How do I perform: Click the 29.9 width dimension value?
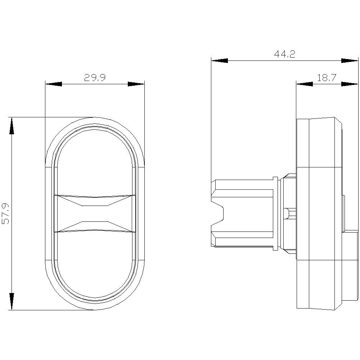point(94,78)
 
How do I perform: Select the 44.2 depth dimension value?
point(284,54)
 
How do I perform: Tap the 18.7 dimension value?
point(327,77)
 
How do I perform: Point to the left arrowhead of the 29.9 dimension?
point(53,84)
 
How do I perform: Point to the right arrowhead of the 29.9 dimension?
point(136,84)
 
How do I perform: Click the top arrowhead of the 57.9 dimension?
point(12,126)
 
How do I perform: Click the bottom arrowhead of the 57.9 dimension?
point(12,301)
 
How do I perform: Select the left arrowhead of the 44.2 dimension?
point(220,60)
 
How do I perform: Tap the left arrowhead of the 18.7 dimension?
point(304,84)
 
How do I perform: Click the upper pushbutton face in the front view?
point(95,162)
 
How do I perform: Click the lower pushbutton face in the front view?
point(95,266)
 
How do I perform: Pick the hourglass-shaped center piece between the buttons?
point(95,214)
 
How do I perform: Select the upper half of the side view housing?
point(319,144)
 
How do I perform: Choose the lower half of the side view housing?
point(319,284)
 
